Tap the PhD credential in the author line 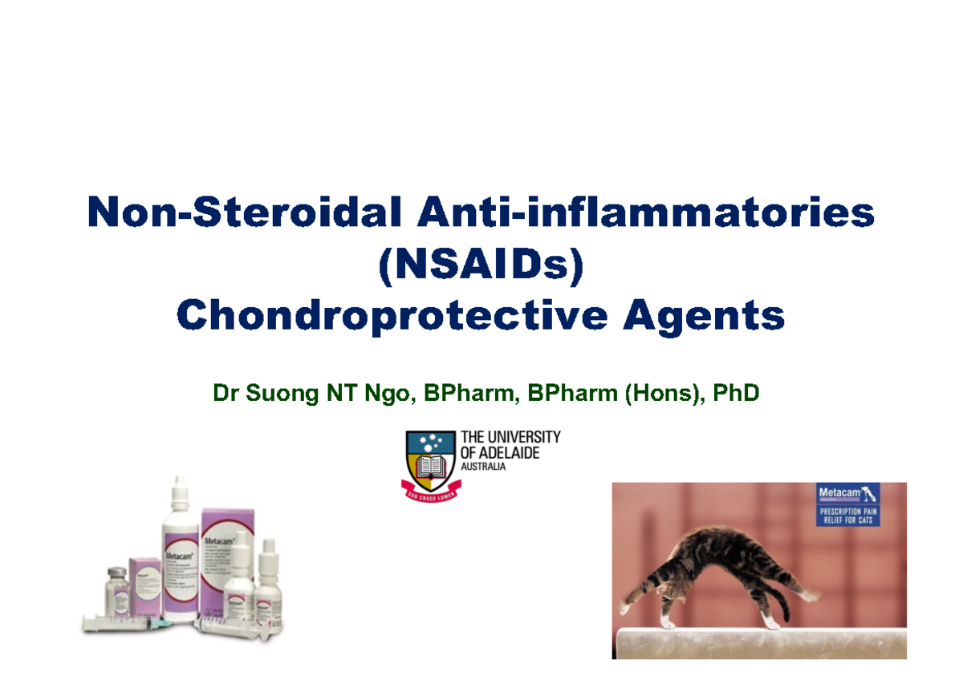point(737,395)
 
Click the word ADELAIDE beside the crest point(510,453)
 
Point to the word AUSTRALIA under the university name point(483,467)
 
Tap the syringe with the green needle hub point(128,622)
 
